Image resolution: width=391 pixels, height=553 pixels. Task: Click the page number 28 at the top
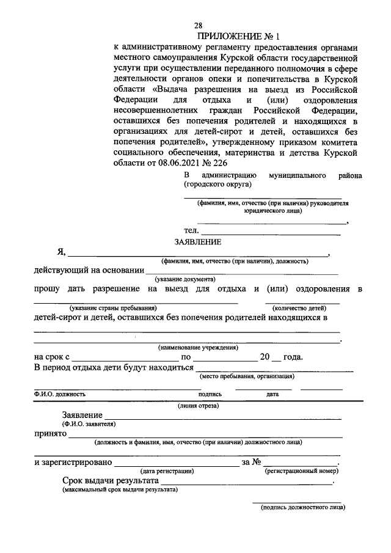coord(199,25)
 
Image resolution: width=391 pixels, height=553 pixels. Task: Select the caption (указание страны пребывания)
coord(114,308)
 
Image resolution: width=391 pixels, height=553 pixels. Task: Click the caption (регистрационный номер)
coord(300,471)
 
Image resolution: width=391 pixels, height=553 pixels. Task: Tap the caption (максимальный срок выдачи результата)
coord(119,490)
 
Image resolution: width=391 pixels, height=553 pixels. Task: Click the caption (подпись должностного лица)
coord(302,507)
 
